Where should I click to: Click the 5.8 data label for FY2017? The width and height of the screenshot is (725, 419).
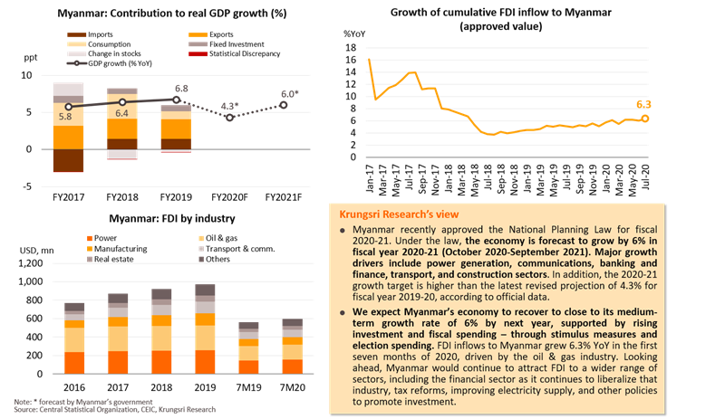[65, 118]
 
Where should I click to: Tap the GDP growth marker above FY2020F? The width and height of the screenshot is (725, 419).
[230, 117]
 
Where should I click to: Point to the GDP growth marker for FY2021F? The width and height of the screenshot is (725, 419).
[285, 105]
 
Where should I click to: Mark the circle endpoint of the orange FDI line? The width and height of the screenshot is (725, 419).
[645, 119]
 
